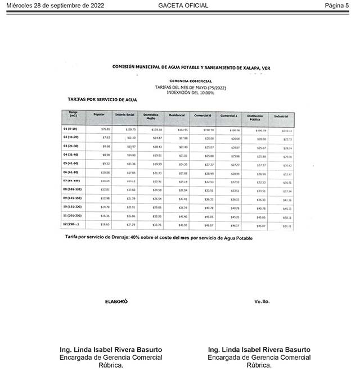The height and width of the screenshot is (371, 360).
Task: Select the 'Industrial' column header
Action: [281, 116]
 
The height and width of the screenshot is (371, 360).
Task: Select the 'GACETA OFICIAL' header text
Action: [183, 6]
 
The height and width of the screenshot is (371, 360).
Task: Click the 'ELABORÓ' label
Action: [116, 301]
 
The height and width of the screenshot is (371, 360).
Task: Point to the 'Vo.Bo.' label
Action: [262, 301]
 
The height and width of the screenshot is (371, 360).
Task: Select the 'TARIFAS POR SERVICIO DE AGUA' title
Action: [102, 99]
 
